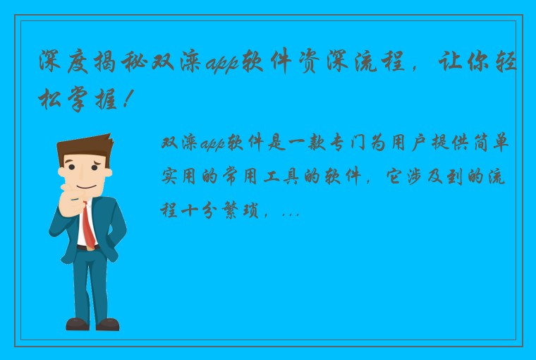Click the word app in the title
tap(223, 64)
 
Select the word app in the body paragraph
tap(209, 143)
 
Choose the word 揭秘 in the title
tap(131, 64)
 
